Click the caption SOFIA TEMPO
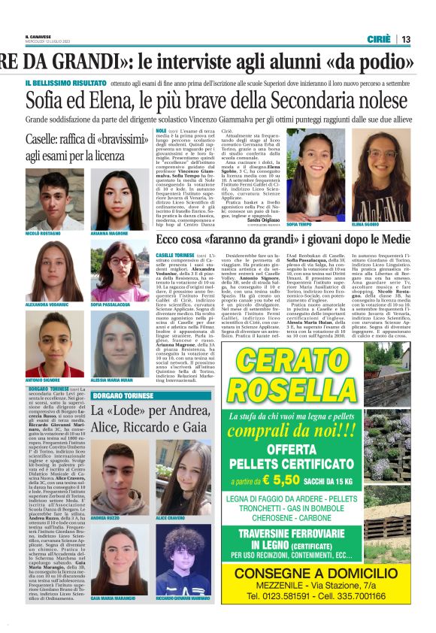[x=300, y=223]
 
